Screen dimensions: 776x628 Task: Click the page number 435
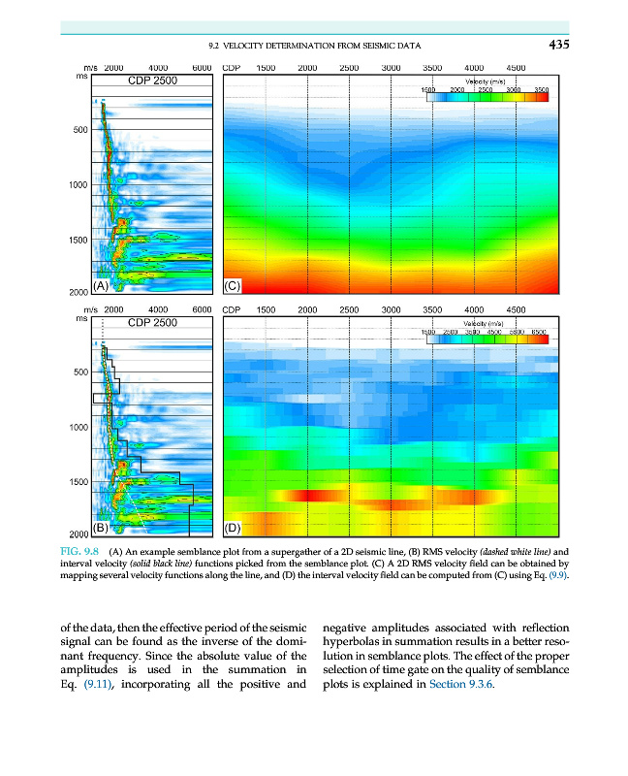pyautogui.click(x=557, y=45)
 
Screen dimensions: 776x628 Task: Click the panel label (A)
pyautogui.click(x=101, y=285)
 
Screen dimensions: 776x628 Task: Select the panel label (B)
pyautogui.click(x=101, y=528)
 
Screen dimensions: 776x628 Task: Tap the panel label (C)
pyautogui.click(x=233, y=286)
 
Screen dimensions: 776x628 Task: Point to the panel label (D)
pyautogui.click(x=233, y=529)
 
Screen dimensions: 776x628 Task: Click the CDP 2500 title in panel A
pyautogui.click(x=153, y=80)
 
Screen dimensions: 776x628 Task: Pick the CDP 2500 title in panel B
pyautogui.click(x=153, y=322)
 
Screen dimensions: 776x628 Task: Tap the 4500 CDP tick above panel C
pyautogui.click(x=516, y=68)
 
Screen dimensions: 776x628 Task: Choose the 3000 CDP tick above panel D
pyautogui.click(x=391, y=310)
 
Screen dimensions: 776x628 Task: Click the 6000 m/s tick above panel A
pyautogui.click(x=202, y=68)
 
